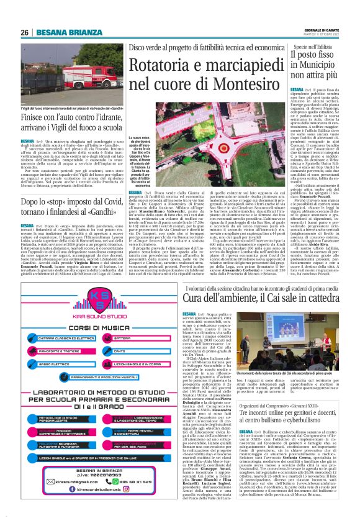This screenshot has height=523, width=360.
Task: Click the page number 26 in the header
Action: coord(23,32)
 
